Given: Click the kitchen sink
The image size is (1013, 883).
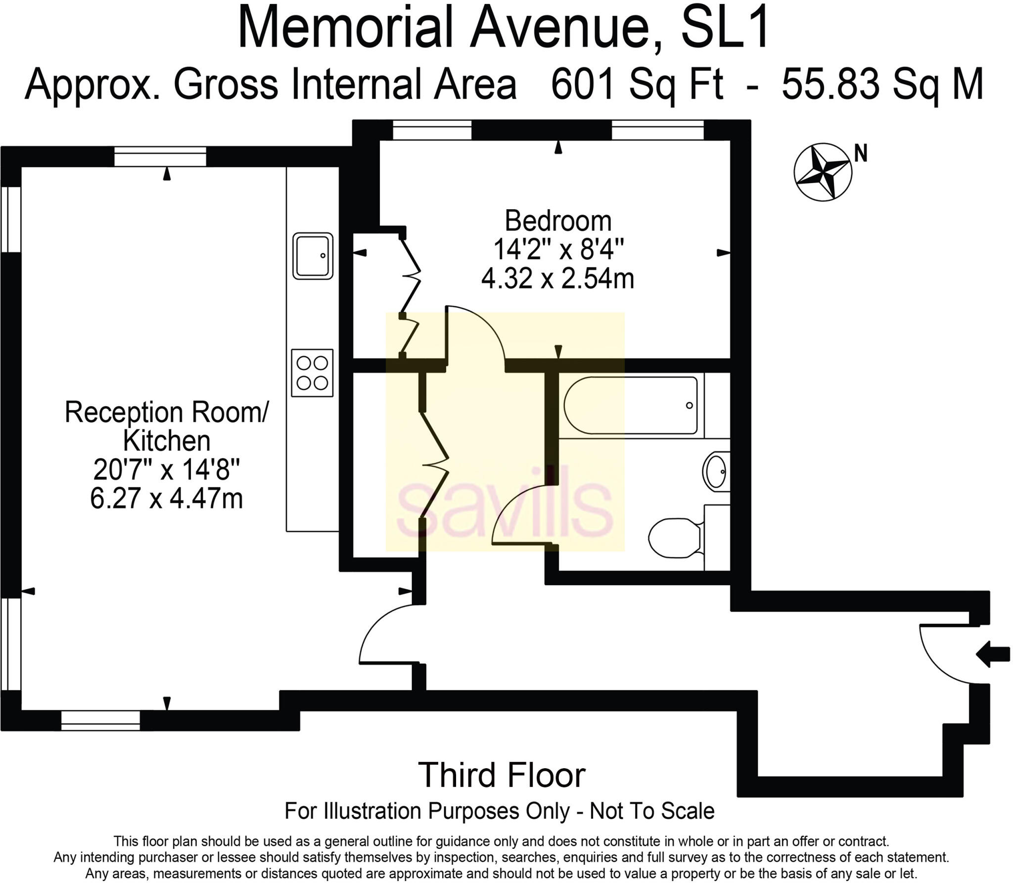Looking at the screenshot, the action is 313,256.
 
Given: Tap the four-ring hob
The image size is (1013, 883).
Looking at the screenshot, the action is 312,373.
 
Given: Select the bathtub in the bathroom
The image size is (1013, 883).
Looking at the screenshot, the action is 630,406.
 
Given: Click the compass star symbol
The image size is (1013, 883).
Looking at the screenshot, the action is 823,172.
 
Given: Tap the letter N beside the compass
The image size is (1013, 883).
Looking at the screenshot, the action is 861,154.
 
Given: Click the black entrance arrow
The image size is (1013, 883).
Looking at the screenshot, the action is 993,654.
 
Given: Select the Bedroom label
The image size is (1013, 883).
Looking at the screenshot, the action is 558,221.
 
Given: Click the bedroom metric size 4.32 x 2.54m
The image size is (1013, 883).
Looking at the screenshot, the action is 558,279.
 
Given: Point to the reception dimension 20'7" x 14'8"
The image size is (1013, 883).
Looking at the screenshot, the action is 167,469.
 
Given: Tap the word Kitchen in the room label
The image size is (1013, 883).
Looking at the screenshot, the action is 167,440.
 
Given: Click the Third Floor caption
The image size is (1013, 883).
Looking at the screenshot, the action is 502,775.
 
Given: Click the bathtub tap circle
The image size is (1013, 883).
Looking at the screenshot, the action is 689,406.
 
